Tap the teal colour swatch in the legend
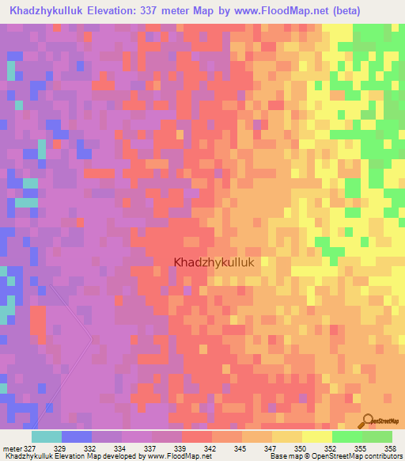point(47,436)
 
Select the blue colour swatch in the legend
point(77,436)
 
